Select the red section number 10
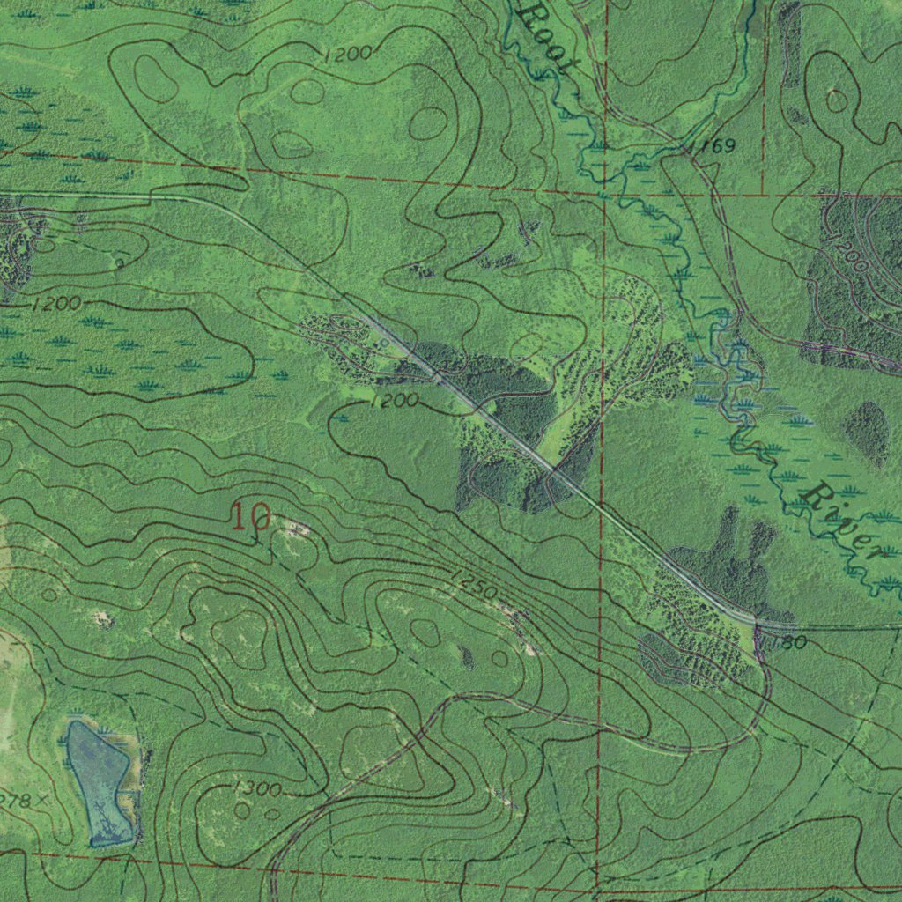pyautogui.click(x=250, y=516)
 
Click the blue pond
pyautogui.click(x=100, y=779)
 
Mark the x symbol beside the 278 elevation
pyautogui.click(x=41, y=800)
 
